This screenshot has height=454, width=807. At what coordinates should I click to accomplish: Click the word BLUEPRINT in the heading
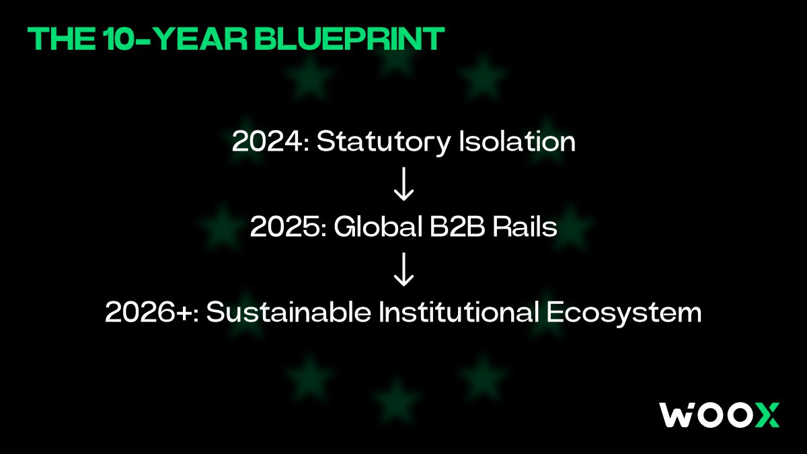tap(350, 38)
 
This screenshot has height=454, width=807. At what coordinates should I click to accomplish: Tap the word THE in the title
tap(61, 38)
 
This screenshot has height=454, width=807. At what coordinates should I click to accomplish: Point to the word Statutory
tap(383, 143)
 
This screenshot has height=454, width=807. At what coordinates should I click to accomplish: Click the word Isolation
tap(517, 141)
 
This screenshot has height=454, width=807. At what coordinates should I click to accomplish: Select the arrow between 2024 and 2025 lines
tap(403, 184)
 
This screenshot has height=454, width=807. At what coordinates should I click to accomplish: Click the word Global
tap(378, 227)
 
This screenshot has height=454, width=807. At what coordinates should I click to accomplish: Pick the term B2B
tap(457, 227)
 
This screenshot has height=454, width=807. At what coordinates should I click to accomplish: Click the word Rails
tap(525, 227)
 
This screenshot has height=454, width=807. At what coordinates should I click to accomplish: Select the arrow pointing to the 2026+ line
tap(403, 269)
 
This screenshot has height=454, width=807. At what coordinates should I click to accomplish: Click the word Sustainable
tap(289, 312)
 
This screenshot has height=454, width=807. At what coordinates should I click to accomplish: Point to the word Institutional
tap(459, 312)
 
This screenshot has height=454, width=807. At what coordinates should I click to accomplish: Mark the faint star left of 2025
tap(223, 226)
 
